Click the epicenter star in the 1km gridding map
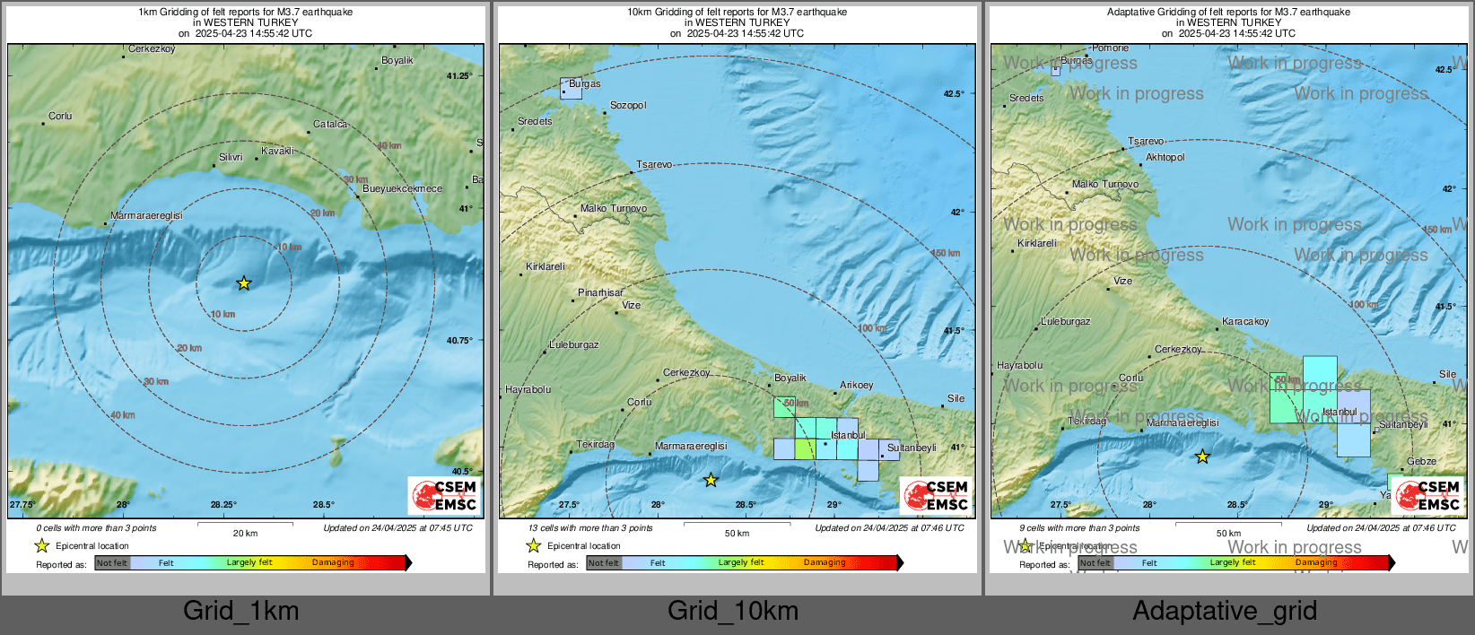pos(244,283)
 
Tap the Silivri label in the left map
pos(231,157)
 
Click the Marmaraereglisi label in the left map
pos(146,215)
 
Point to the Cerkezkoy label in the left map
pos(152,49)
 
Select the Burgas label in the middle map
pos(584,83)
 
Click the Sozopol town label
pos(627,105)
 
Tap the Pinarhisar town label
pos(600,292)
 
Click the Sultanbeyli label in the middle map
pos(911,448)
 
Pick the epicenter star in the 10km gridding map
pos(711,481)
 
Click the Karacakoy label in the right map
pos(1245,321)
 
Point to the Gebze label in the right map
pos(1421,461)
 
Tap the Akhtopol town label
pos(1165,157)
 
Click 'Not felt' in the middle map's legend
pos(604,563)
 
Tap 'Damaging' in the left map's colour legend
pos(333,562)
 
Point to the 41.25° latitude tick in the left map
pos(458,76)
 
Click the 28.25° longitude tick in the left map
pos(223,505)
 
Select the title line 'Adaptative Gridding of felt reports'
pos(1227,12)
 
